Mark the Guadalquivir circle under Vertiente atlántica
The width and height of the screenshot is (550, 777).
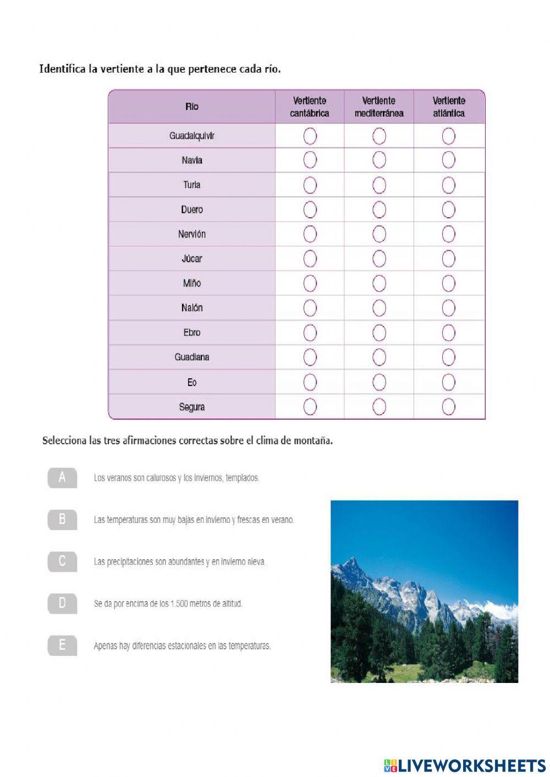pos(448,136)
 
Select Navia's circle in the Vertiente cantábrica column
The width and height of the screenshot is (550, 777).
pos(310,160)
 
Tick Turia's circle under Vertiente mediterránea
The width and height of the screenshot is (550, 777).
pos(379,185)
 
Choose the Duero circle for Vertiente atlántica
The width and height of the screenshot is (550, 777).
pos(448,210)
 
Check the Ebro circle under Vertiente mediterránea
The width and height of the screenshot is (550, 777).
pos(379,333)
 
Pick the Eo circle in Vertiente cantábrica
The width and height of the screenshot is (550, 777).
pos(310,382)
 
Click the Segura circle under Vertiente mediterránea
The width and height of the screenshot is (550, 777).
pos(379,407)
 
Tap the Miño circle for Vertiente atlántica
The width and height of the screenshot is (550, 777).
pos(448,283)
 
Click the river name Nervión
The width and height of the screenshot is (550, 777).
pos(191,234)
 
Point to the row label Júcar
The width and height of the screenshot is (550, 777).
pos(191,258)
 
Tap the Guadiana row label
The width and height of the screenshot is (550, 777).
pos(191,357)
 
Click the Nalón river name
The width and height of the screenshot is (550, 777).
pos(191,308)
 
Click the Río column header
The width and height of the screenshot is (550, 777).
pos(191,107)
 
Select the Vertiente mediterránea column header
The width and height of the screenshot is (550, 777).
pos(379,107)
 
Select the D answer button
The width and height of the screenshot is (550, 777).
pos(62,604)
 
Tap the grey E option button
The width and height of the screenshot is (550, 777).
pos(62,646)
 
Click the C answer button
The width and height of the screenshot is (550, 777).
pos(62,561)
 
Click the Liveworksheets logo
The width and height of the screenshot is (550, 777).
pos(464,765)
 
